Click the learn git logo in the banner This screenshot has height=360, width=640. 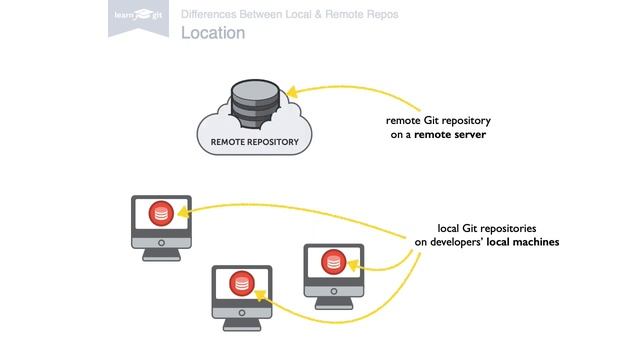[x=137, y=15]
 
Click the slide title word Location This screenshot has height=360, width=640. [x=213, y=33]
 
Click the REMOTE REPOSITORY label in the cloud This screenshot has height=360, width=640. [x=254, y=143]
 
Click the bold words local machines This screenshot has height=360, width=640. [x=523, y=242]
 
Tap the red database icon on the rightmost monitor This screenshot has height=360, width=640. [x=333, y=262]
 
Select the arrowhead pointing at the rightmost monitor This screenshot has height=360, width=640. [x=356, y=268]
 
